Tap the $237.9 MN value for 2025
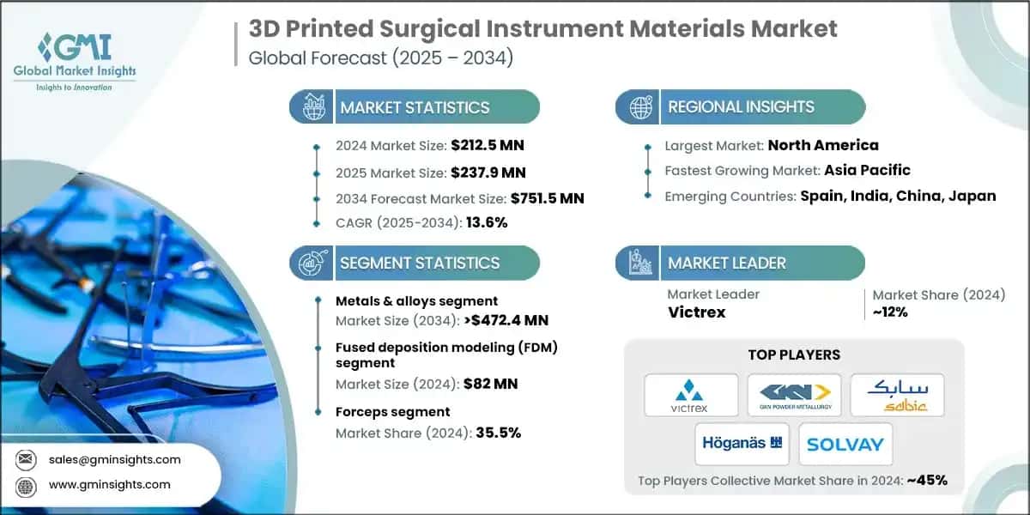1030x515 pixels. click(x=488, y=172)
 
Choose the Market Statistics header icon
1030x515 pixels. click(x=312, y=107)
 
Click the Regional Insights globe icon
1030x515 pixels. click(x=639, y=107)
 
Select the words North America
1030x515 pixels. click(x=823, y=145)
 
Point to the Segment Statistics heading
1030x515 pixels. click(x=420, y=264)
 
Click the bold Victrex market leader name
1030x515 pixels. click(x=696, y=312)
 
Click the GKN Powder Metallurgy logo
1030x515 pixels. click(x=794, y=395)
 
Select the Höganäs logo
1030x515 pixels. click(x=742, y=444)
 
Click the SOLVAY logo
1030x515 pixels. click(x=845, y=444)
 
